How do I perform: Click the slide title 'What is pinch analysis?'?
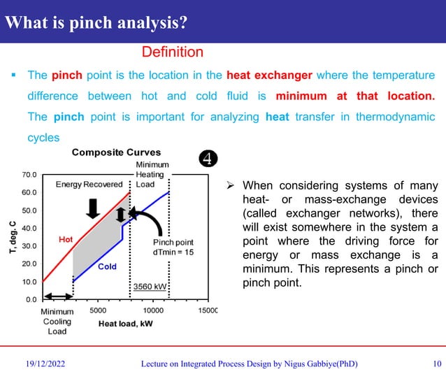tap(96, 22)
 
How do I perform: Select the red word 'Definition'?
tap(172, 52)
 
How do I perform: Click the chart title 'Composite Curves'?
tap(116, 152)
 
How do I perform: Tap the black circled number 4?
tap(207, 157)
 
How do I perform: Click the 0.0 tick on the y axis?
tap(31, 300)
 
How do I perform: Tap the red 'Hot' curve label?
tap(66, 240)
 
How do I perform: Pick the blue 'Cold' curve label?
tap(107, 266)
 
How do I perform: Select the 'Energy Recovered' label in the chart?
tap(89, 184)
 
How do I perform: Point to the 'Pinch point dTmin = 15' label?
tap(173, 247)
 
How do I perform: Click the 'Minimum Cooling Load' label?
tap(57, 322)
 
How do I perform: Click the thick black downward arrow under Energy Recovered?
tap(92, 208)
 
